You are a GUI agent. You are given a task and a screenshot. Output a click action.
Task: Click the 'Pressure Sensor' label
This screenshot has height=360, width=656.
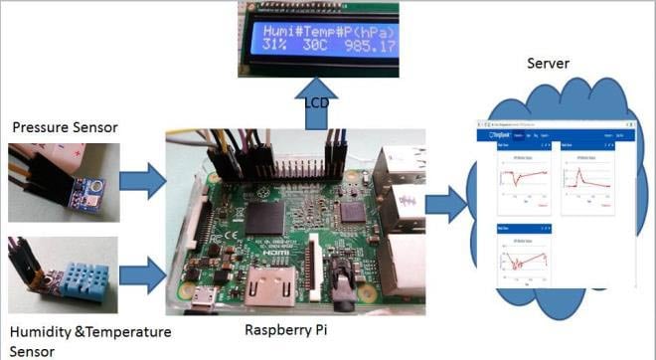64,127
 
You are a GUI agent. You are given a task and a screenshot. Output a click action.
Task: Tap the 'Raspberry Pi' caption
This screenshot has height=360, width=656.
287,328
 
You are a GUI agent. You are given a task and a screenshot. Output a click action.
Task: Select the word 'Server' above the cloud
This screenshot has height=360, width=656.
549,64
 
